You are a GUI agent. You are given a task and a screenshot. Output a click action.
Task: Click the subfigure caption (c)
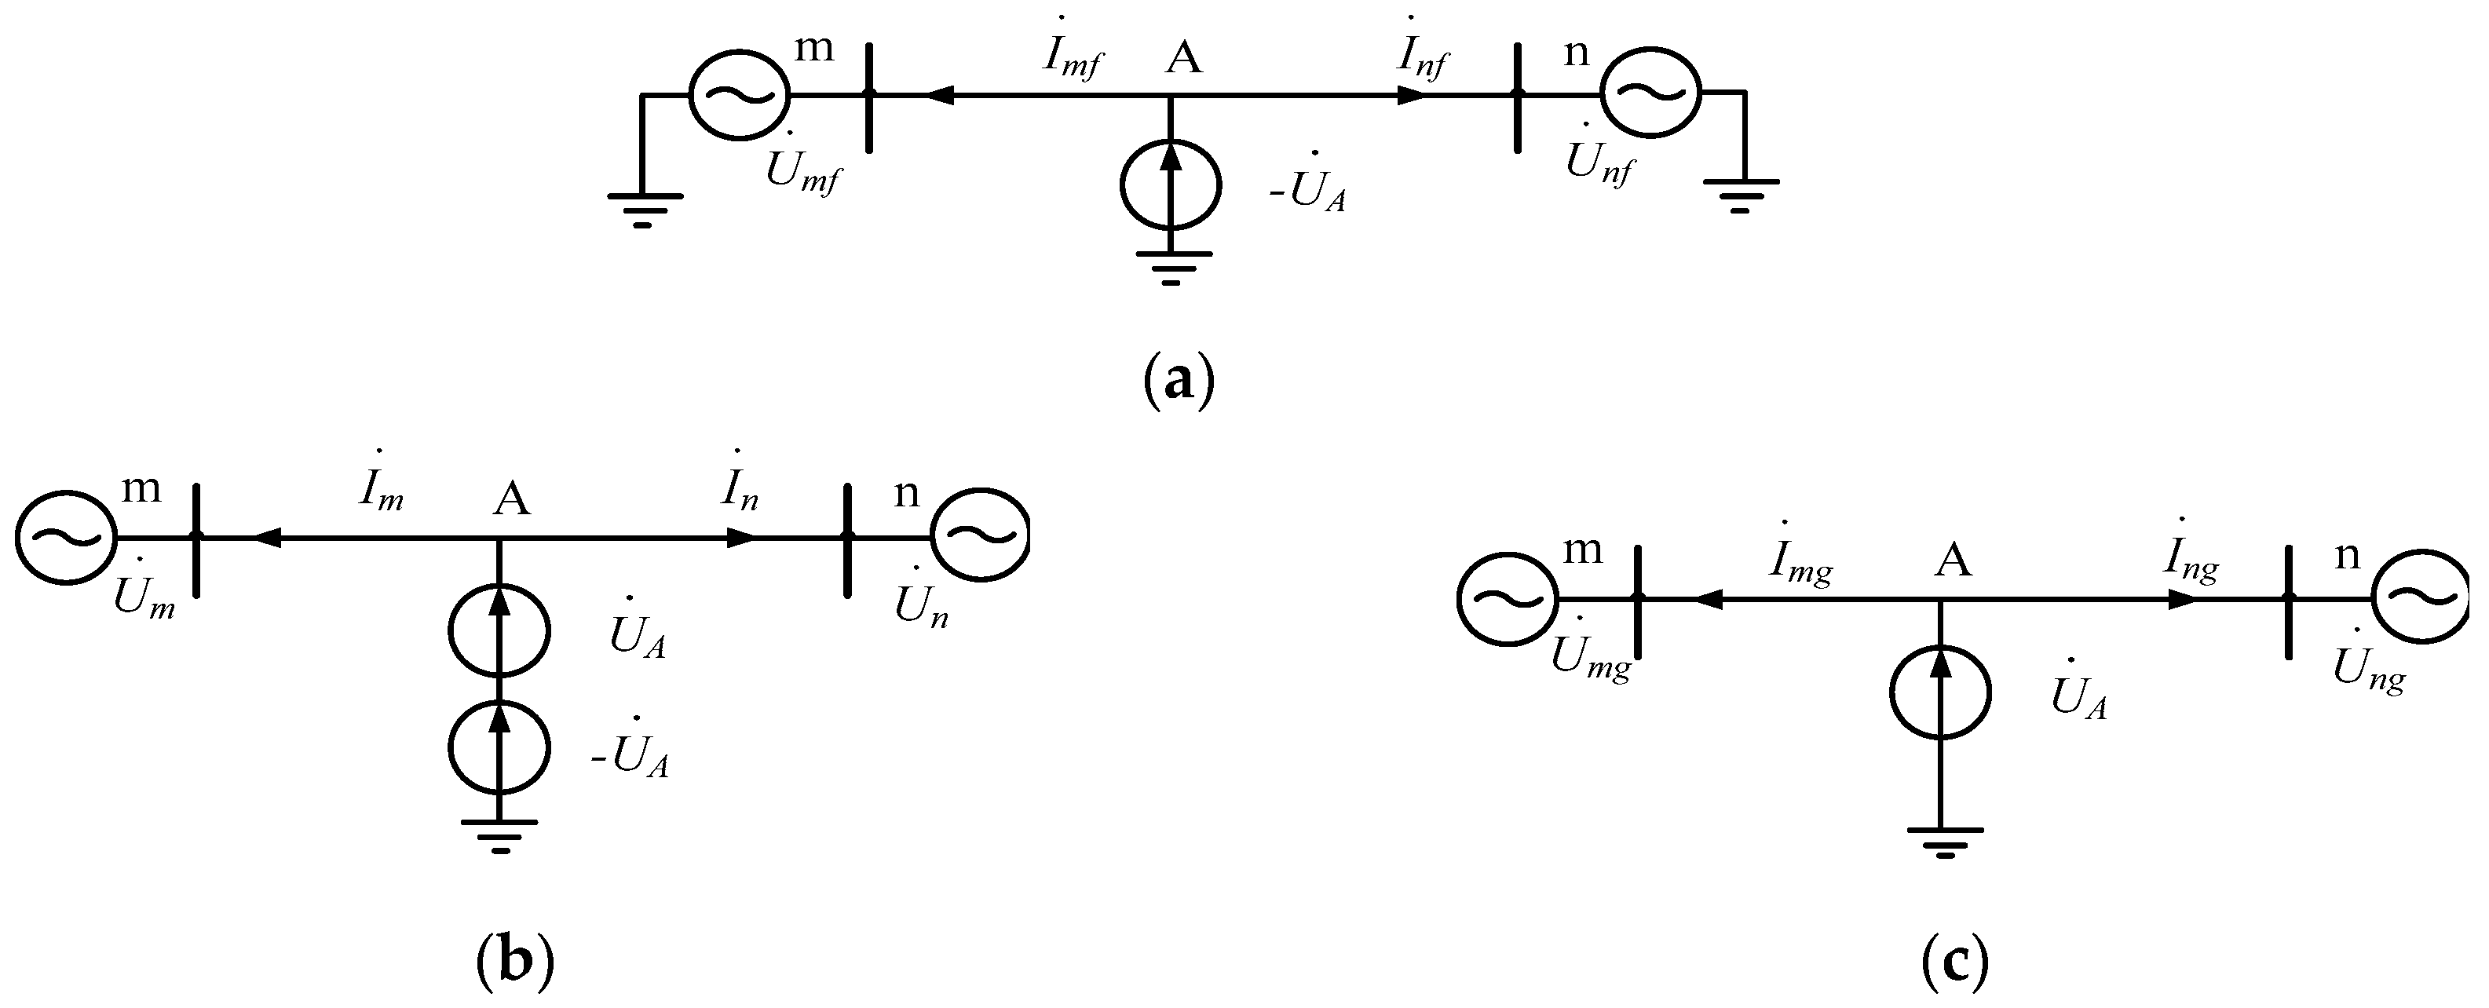(x=1954, y=962)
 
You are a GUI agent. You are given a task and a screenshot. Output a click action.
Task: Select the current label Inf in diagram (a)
(x=1422, y=58)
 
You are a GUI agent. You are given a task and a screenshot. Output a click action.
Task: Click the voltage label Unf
(x=1600, y=163)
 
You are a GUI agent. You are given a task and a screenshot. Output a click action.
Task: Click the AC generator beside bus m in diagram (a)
(x=739, y=95)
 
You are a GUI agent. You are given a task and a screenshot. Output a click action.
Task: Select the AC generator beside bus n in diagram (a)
(x=1650, y=95)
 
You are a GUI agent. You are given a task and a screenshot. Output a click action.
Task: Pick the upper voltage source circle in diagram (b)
(x=499, y=630)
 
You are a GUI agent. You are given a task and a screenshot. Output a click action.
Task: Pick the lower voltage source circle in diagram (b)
(x=499, y=748)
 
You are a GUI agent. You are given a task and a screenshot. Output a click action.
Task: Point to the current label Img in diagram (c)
(x=1800, y=564)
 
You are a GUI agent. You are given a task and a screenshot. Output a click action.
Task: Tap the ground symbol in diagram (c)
(x=1945, y=841)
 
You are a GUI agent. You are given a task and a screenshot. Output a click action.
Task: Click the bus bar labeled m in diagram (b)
(x=196, y=539)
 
